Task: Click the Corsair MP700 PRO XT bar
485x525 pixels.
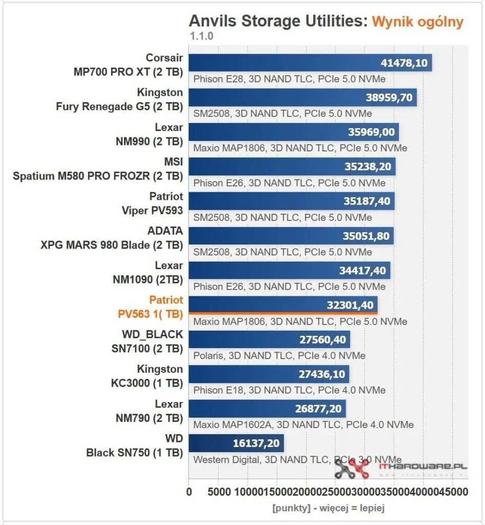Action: [310, 63]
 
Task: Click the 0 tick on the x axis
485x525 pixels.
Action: [189, 492]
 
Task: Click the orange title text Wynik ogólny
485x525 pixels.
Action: [417, 22]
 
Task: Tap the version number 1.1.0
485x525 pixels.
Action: [201, 36]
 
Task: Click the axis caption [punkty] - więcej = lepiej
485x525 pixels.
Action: [329, 508]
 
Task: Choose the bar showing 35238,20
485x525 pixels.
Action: [292, 167]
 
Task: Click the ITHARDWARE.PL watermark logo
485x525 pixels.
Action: [400, 468]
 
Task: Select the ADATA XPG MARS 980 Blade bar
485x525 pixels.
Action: [291, 236]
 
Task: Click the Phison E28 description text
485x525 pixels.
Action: [289, 79]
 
